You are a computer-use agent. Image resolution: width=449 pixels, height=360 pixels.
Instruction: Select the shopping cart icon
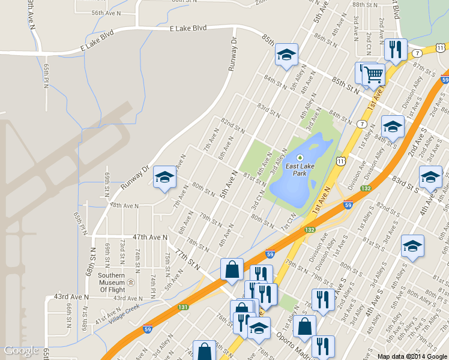coord(373,74)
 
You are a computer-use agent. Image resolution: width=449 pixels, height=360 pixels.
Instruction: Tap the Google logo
coord(22,350)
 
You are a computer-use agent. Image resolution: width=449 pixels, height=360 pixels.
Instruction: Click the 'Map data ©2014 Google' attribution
coord(412,356)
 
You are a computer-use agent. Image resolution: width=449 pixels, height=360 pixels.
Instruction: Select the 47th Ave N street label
coord(150,238)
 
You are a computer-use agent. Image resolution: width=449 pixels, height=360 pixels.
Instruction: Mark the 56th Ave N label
coord(106,13)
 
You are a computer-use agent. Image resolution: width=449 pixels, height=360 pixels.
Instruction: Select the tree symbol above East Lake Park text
coord(300,158)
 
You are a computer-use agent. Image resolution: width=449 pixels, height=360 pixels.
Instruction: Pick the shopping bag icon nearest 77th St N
coord(232,270)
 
